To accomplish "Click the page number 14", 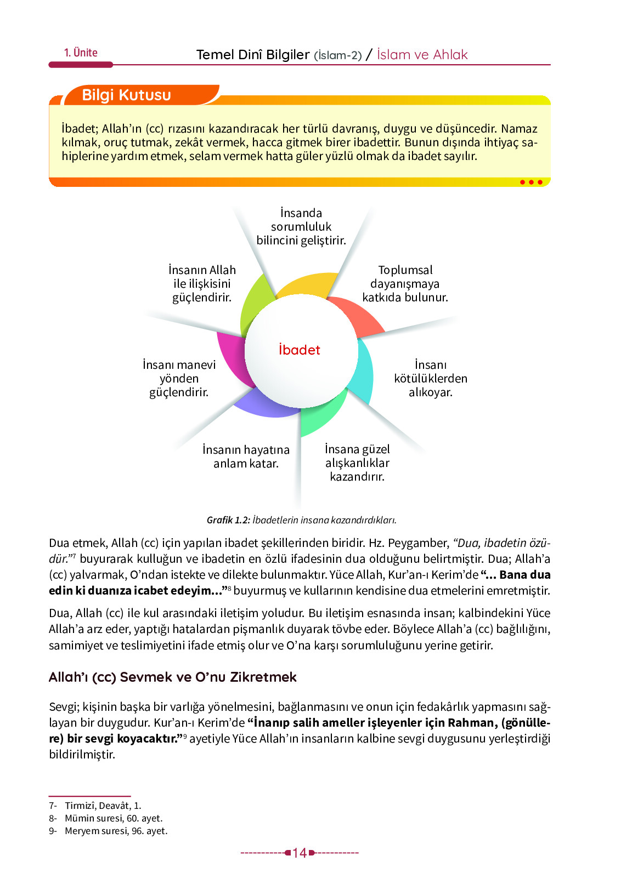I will click(300, 853).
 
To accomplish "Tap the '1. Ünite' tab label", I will click(81, 53).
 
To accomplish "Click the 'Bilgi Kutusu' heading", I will click(126, 95).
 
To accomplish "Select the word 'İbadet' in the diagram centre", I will click(299, 350).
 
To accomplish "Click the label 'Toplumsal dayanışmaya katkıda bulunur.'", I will click(405, 284).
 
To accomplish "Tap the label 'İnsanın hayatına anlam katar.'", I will click(246, 457).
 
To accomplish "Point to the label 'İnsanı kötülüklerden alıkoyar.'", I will click(431, 379).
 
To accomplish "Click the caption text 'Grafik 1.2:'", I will click(228, 520).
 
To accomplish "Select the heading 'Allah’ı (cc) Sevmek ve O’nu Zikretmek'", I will click(172, 677).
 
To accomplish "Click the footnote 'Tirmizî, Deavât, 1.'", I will click(103, 806).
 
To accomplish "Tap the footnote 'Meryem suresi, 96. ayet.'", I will click(116, 831).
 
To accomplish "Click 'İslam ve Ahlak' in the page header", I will click(422, 55).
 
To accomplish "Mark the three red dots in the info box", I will click(531, 182).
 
